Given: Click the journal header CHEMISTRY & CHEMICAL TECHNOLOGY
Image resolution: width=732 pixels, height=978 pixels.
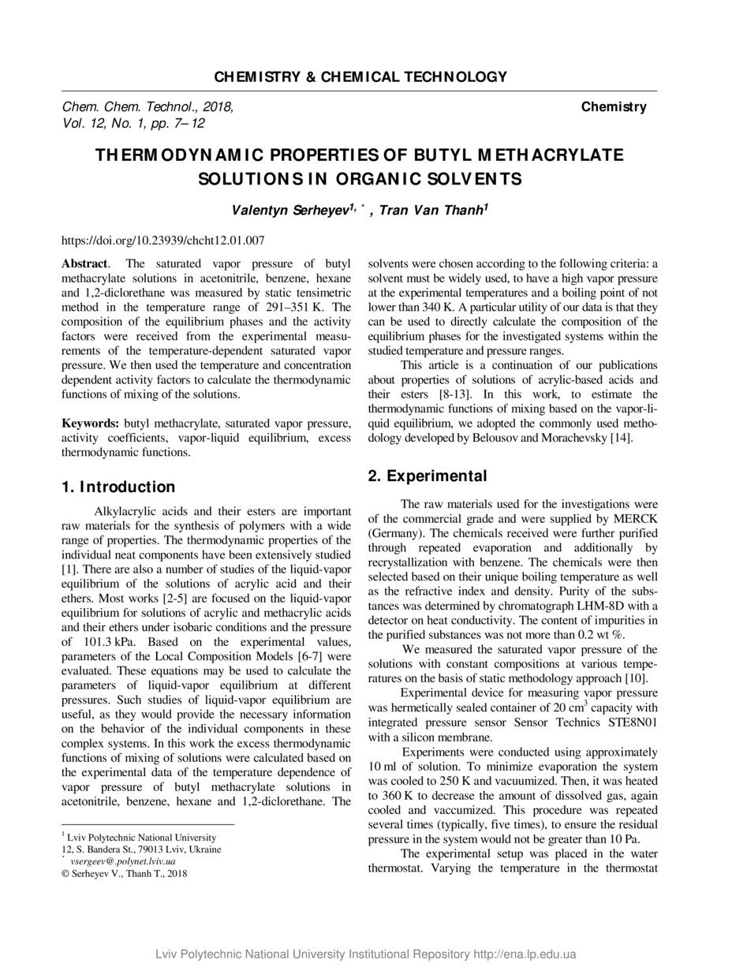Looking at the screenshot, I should coord(360,77).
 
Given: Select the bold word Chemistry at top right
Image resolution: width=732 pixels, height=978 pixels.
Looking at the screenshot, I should coord(614,106).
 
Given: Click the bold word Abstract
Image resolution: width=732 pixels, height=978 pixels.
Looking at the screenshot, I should coord(84,263).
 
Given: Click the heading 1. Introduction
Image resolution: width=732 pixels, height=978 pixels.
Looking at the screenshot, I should coord(118,487).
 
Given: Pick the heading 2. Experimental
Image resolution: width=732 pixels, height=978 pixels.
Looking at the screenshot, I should coord(428,476).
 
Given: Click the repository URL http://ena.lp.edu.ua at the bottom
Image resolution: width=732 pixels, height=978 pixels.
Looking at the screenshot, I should coord(525,954).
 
